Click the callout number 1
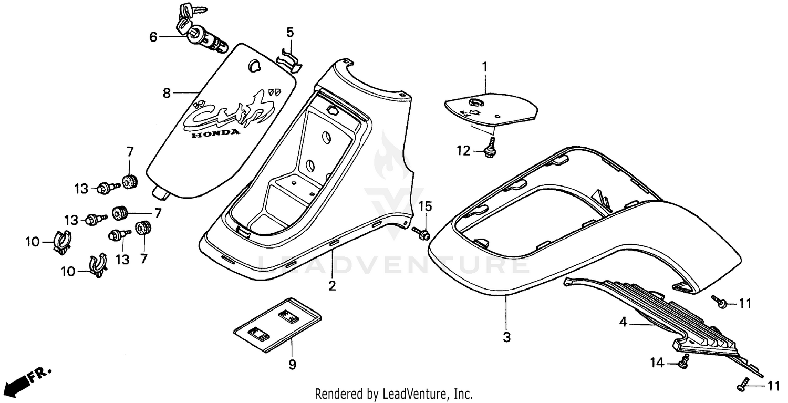click(x=485, y=67)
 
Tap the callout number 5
click(x=290, y=32)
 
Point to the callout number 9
click(x=293, y=364)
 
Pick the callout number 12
click(x=464, y=151)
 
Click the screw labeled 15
click(x=421, y=231)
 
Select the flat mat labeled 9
click(x=277, y=324)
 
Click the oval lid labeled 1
click(x=491, y=107)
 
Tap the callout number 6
click(x=153, y=37)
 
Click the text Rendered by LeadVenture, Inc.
click(x=393, y=394)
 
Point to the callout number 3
click(x=506, y=338)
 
